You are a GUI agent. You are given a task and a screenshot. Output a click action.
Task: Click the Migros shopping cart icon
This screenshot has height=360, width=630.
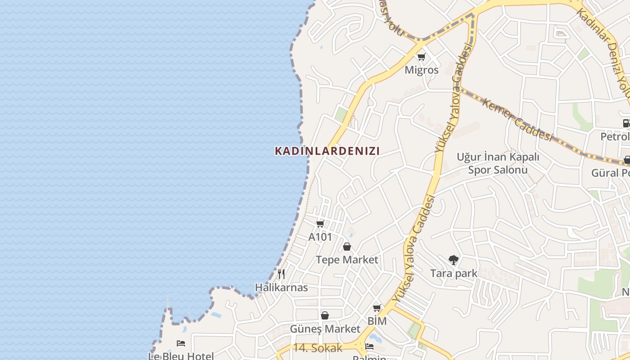coord(421,57)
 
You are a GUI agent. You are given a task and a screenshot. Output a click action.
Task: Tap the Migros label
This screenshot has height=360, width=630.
coord(421,70)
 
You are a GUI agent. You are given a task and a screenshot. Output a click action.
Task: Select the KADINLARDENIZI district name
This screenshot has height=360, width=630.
coord(327,151)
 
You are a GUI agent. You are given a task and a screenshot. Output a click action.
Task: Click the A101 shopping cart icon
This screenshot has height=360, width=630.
coord(320,224)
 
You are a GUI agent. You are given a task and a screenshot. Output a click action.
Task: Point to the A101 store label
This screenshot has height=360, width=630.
coord(320,237)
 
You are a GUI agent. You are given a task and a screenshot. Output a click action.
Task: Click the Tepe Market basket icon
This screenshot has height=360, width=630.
coord(347,247)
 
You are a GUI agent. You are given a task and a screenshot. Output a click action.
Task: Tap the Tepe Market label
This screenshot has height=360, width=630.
coord(347,260)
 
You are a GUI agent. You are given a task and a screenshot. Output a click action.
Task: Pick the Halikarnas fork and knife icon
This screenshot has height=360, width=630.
coord(281,274)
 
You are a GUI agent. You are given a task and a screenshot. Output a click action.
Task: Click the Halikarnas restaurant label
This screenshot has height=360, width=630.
coord(281,288)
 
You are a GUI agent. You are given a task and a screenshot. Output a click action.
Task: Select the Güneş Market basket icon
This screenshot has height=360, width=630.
coord(325,315)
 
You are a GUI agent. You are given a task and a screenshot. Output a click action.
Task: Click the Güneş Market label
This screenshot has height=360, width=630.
coord(325,329)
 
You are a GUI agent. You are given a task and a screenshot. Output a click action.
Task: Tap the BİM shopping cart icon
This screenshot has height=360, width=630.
coord(377,308)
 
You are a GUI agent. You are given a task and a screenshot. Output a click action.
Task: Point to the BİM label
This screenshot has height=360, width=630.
coord(377,321)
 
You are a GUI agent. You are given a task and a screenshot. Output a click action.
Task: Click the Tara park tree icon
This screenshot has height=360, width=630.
coord(454,260)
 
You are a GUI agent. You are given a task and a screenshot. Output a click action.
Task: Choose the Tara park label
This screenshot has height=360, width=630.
coord(454,273)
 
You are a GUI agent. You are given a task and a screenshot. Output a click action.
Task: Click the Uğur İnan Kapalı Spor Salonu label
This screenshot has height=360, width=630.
coord(498,163)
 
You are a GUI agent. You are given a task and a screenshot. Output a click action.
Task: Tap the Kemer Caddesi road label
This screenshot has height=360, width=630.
coord(517,120)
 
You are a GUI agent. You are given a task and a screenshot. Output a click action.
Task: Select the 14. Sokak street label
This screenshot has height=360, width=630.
coord(318,348)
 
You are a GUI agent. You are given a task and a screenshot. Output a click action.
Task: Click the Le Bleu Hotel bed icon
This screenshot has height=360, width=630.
coord(181,343)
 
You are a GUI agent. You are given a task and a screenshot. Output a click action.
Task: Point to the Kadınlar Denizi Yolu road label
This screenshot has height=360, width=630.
coord(605,54)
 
